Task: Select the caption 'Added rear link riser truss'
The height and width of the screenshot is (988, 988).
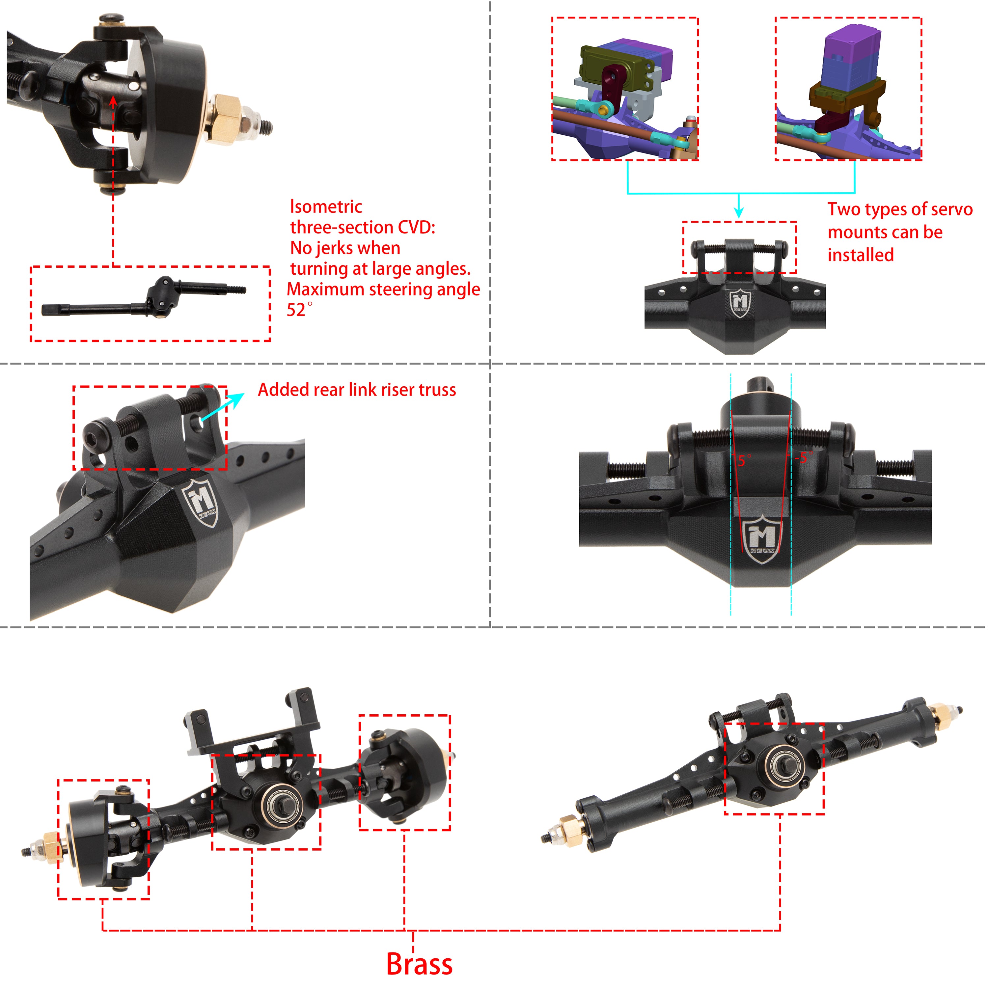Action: pos(356,390)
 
